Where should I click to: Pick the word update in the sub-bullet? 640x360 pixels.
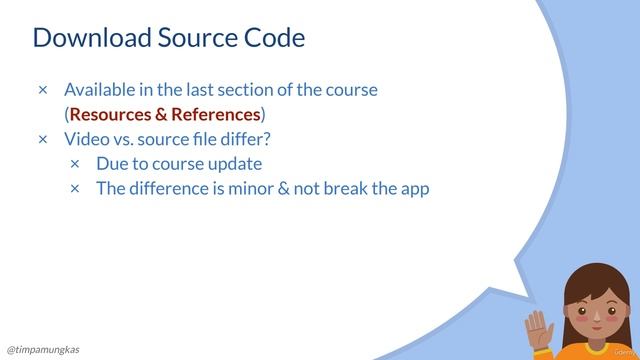[235, 163]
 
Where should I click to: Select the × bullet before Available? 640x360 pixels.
[43, 90]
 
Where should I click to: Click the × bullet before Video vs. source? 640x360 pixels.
[43, 138]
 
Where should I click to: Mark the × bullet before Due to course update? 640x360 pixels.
[75, 163]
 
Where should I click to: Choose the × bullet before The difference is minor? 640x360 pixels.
[75, 188]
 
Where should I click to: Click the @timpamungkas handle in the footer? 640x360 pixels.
[44, 349]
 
